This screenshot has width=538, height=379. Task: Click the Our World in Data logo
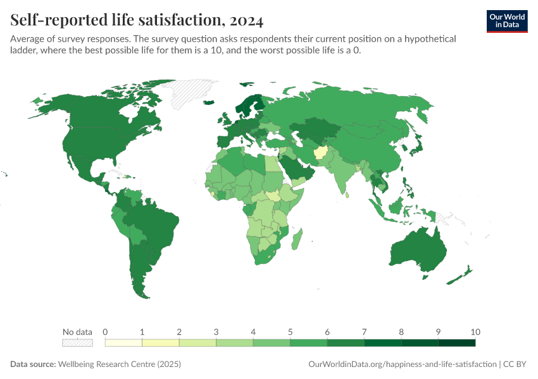pyautogui.click(x=507, y=21)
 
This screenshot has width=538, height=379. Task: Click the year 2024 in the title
pyautogui.click(x=244, y=21)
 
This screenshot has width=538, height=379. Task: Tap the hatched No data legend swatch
pyautogui.click(x=77, y=343)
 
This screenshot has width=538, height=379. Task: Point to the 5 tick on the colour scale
pyautogui.click(x=290, y=332)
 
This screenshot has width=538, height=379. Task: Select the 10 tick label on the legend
pyautogui.click(x=475, y=332)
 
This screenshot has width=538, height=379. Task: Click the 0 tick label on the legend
pyautogui.click(x=105, y=332)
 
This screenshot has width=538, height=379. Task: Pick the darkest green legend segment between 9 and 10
pyautogui.click(x=456, y=343)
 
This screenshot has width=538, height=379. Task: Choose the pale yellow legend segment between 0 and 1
pyautogui.click(x=123, y=343)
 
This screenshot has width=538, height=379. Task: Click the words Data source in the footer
pyautogui.click(x=33, y=364)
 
